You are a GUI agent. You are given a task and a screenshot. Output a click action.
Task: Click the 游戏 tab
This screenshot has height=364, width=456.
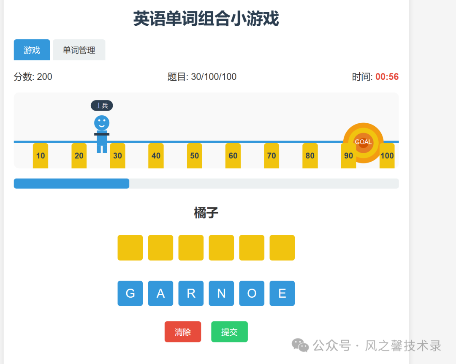pyautogui.click(x=32, y=50)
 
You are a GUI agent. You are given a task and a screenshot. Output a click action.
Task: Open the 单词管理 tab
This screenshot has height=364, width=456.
pyautogui.click(x=79, y=50)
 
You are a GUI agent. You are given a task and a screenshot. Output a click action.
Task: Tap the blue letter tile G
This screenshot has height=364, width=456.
pyautogui.click(x=130, y=293)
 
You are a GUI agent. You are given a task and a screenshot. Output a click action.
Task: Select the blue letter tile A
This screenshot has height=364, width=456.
pyautogui.click(x=160, y=293)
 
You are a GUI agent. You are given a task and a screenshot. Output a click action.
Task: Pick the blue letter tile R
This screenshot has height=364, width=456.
pyautogui.click(x=191, y=293)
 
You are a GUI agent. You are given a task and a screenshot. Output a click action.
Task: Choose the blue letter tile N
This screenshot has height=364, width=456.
pyautogui.click(x=221, y=293)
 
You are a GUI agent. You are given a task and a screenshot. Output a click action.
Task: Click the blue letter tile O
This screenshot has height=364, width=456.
pyautogui.click(x=252, y=293)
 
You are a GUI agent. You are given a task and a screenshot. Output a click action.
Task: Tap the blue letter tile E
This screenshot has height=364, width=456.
pyautogui.click(x=282, y=293)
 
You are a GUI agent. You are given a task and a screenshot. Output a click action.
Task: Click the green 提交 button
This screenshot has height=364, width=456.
pyautogui.click(x=229, y=332)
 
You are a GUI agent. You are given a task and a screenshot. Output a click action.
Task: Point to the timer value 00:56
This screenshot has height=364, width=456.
pyautogui.click(x=387, y=77)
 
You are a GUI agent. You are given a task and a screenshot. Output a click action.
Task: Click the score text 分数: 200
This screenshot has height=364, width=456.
pyautogui.click(x=33, y=77)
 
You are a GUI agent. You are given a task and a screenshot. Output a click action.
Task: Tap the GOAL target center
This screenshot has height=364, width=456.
pyautogui.click(x=363, y=142)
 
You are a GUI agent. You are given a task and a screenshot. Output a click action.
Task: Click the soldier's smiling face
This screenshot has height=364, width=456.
pyautogui.click(x=102, y=123)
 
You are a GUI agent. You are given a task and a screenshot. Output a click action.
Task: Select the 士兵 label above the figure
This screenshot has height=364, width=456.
pyautogui.click(x=102, y=106)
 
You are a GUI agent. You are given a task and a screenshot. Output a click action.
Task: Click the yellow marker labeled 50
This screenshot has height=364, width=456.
pyautogui.click(x=194, y=156)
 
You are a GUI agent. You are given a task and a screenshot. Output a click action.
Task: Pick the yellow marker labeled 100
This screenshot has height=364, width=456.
pyautogui.click(x=387, y=156)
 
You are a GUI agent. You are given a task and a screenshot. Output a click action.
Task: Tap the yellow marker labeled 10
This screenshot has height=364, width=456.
pyautogui.click(x=41, y=156)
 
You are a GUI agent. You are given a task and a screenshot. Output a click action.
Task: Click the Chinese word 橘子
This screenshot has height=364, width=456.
pyautogui.click(x=206, y=213)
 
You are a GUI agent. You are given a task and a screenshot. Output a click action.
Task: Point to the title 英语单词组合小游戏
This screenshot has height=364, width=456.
pyautogui.click(x=206, y=19)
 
